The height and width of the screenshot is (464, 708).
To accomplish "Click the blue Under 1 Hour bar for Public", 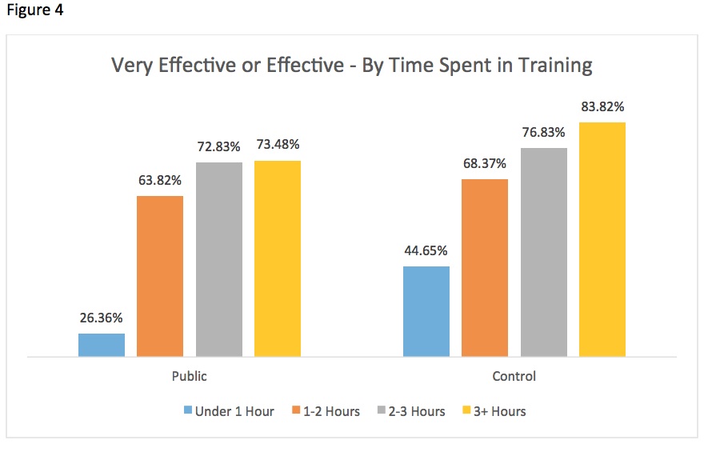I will coord(102,345).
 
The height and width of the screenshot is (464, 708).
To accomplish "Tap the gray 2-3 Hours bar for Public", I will coord(219,259).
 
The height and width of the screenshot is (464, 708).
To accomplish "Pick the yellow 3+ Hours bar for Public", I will coord(278,258).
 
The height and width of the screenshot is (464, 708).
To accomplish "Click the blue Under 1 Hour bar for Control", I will coord(426,311).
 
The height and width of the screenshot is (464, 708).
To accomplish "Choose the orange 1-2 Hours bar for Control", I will coord(485,268).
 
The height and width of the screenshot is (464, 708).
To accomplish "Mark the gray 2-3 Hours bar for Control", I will coord(544,252).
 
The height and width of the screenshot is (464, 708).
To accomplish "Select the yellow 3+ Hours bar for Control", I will coord(602,239).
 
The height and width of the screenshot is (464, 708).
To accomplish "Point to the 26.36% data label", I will coord(102,318).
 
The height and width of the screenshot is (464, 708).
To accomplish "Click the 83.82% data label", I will coord(602,106).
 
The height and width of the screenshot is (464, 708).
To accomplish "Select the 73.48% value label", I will coord(278,145).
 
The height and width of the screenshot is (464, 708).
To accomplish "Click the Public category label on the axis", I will coord(190,376).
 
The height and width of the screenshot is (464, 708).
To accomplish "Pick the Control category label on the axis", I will coord(514,376).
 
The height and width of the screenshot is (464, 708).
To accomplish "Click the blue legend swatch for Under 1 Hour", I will coord(189,411).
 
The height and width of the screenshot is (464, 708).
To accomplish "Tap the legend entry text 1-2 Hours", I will coord(330,411).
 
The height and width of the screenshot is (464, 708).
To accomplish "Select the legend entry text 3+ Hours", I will coord(498,411).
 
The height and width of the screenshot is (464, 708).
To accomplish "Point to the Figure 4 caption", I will coord(35,11).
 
